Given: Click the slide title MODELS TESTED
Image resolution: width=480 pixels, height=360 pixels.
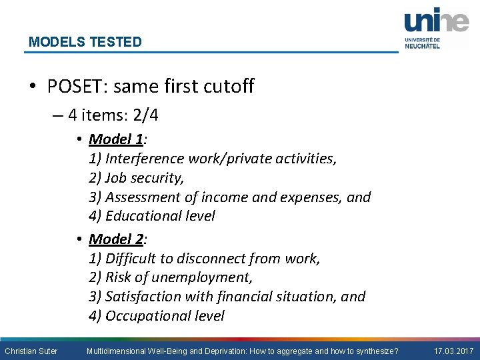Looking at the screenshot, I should point(85,42).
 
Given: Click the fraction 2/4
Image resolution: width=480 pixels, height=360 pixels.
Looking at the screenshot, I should point(145,115).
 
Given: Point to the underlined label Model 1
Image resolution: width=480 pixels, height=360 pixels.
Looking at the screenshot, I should point(117,139).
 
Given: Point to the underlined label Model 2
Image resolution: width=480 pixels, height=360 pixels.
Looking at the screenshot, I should point(117,239).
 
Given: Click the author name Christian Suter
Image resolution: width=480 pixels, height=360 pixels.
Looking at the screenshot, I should point(31,351).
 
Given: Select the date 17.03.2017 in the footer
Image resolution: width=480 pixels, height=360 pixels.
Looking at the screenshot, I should point(453,351).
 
